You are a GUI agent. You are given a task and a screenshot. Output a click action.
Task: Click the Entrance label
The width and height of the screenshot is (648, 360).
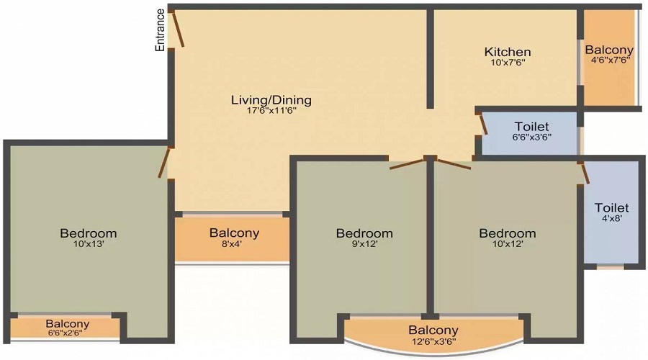click(160, 30)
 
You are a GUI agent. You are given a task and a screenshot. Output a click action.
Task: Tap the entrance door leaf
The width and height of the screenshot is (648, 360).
click(178, 28)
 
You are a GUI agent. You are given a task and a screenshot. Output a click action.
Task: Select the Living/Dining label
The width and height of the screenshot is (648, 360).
click(271, 100)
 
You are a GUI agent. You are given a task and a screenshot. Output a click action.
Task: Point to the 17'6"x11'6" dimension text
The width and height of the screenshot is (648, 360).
click(271, 111)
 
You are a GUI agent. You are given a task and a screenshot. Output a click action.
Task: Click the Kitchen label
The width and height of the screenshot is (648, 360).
click(508, 52)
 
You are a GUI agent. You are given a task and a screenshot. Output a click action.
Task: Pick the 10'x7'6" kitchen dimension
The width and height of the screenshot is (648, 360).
click(508, 63)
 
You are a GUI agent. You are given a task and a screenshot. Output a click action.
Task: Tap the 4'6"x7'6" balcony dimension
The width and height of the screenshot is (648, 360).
click(609, 60)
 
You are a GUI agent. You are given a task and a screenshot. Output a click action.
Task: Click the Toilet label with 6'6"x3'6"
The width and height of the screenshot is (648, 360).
click(531, 127)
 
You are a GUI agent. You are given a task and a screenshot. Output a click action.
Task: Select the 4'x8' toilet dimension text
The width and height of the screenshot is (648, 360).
click(611, 218)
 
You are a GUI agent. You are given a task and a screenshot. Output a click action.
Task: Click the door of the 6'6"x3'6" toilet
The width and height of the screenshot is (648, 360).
click(482, 124)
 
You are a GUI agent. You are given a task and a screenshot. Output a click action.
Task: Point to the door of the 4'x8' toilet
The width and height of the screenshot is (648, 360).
click(585, 174)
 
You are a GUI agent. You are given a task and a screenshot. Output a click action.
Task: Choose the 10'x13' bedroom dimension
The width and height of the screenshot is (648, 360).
click(89, 244)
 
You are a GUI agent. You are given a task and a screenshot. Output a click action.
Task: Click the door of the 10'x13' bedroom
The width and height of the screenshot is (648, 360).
click(164, 162)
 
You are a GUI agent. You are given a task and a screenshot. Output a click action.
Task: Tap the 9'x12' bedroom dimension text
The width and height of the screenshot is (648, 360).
click(364, 244)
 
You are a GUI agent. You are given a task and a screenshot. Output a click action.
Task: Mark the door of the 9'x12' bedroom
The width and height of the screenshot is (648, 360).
click(408, 163)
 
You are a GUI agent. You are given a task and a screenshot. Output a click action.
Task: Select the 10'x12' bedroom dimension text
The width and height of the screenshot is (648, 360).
click(508, 244)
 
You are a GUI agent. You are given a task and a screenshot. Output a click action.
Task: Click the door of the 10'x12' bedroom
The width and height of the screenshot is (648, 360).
click(453, 163)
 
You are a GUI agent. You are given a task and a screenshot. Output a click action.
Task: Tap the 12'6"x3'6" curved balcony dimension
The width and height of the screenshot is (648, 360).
click(433, 341)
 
